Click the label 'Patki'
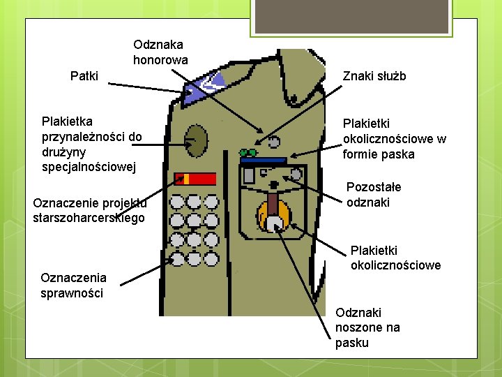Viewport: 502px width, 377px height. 84,75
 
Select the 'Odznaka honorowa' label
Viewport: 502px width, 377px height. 160,52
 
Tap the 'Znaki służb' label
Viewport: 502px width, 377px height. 374,76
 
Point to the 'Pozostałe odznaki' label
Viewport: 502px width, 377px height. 374,195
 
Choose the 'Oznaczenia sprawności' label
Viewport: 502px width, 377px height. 72,285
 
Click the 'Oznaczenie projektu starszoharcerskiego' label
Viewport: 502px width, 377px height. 89,210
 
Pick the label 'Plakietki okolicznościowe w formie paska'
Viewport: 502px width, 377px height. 394,138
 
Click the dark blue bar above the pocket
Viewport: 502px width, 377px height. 263,161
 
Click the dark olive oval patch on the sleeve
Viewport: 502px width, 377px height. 197,140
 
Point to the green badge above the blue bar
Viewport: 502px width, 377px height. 248,151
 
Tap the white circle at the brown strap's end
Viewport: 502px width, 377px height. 275,224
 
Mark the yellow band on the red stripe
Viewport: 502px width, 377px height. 186,179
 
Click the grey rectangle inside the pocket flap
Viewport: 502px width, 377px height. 248,177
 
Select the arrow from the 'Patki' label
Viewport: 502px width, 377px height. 146,87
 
